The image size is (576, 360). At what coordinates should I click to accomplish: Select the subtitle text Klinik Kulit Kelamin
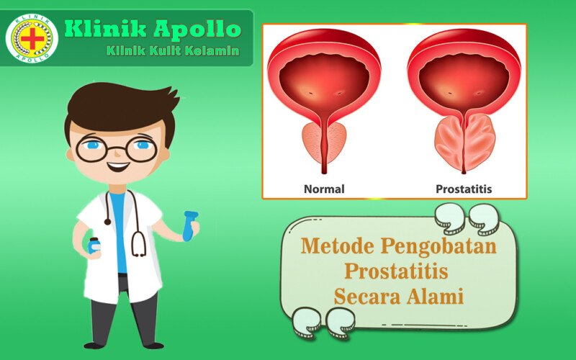(173, 51)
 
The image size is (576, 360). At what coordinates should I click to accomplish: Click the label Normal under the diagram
(323, 189)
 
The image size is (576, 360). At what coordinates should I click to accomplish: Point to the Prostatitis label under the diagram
(464, 189)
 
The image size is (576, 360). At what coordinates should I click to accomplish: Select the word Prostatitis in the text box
(396, 271)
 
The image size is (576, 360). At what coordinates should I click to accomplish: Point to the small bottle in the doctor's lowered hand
(94, 246)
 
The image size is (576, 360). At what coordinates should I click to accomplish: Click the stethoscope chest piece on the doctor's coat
(138, 248)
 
